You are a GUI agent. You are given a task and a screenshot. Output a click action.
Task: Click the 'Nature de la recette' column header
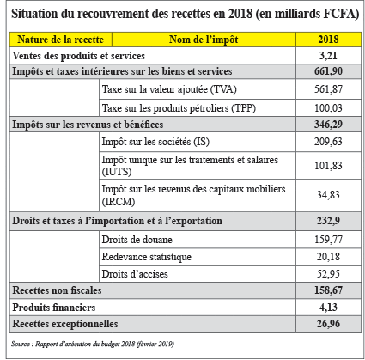click(x=60, y=40)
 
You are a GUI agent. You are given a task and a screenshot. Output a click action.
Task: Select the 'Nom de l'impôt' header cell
click(x=204, y=40)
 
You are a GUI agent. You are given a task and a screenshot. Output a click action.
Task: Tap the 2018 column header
click(x=328, y=40)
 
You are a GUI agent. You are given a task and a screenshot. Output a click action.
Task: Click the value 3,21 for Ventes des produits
click(x=328, y=56)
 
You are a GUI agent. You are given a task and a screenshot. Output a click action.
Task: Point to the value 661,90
click(x=328, y=71)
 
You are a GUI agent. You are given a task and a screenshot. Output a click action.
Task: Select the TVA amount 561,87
click(x=328, y=89)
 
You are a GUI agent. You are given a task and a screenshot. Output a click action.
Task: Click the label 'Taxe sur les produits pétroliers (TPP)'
click(x=179, y=108)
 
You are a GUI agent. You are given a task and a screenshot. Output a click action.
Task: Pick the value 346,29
click(x=328, y=125)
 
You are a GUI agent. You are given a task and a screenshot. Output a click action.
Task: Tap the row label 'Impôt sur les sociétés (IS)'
click(x=155, y=142)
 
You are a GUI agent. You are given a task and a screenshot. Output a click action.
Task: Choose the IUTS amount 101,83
click(x=328, y=166)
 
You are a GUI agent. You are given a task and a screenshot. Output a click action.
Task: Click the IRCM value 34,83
click(x=328, y=195)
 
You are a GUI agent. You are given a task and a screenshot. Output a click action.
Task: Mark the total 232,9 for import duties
click(x=328, y=221)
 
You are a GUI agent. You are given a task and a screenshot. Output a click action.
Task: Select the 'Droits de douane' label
click(x=137, y=240)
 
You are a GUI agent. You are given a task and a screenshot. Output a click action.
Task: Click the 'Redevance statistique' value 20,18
click(x=328, y=257)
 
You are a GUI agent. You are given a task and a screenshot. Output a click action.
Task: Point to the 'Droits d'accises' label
click(x=135, y=274)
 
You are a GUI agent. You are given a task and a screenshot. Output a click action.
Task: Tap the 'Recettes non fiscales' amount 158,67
click(x=328, y=290)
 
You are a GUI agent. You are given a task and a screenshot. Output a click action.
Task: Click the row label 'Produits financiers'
click(x=54, y=308)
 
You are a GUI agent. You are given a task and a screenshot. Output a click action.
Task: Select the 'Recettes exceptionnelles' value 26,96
click(x=328, y=324)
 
